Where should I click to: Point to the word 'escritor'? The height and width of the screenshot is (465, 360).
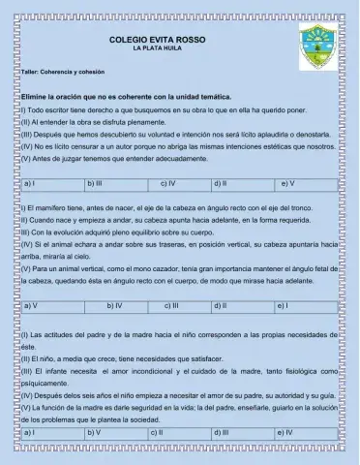[58, 111]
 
